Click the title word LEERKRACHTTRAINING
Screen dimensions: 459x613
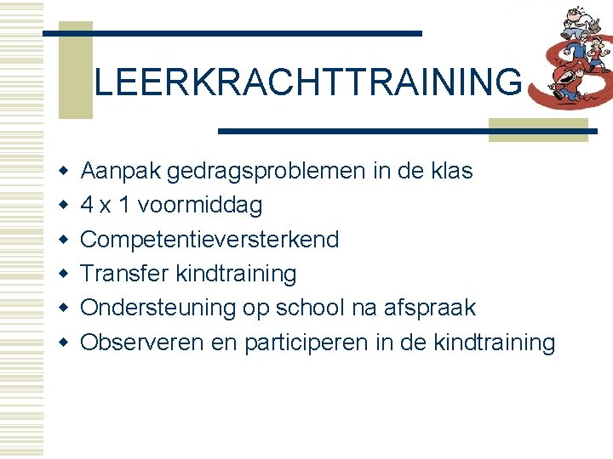point(307,82)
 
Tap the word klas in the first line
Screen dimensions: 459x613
point(450,171)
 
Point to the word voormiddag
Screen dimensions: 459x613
point(199,206)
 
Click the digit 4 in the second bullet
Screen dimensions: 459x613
point(87,206)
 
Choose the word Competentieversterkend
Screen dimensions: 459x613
point(209,240)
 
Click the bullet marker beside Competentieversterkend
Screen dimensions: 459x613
point(63,241)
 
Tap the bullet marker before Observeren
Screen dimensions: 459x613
point(63,343)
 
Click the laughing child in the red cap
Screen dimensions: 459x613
point(564,80)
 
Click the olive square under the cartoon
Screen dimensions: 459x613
point(537,128)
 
